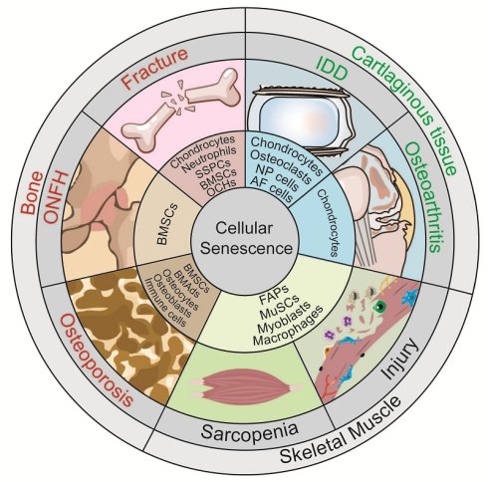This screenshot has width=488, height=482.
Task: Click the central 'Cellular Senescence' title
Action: (x=246, y=238)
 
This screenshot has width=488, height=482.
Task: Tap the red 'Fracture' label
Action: (x=154, y=69)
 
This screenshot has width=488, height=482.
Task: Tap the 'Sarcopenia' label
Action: (x=249, y=431)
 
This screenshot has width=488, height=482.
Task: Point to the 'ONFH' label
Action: (x=56, y=197)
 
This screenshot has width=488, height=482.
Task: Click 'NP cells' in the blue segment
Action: (x=277, y=177)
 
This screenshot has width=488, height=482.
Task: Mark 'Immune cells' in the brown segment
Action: (x=165, y=302)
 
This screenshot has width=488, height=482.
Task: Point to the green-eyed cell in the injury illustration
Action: (x=378, y=307)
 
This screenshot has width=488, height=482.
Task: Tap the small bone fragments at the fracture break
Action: (x=178, y=97)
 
